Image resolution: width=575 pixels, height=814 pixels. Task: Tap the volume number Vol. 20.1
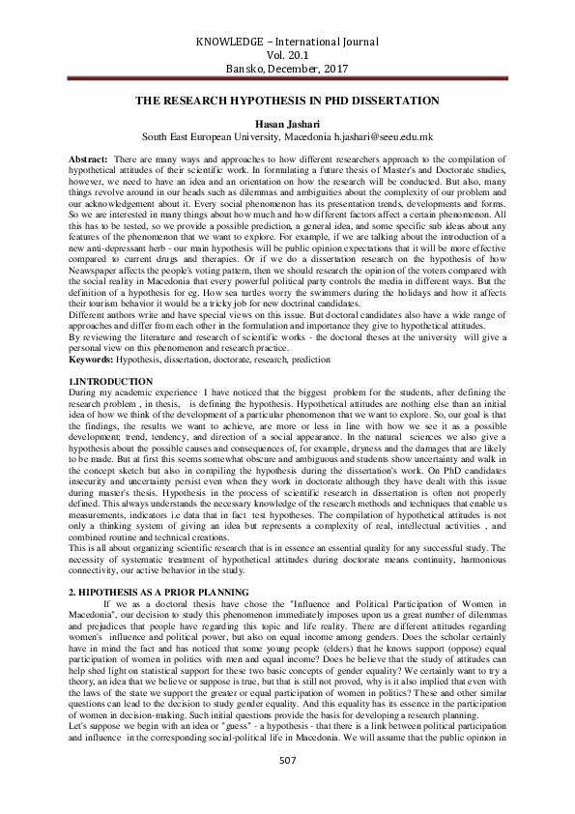tap(287, 56)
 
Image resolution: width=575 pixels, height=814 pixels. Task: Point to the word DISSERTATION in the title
tap(392, 101)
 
